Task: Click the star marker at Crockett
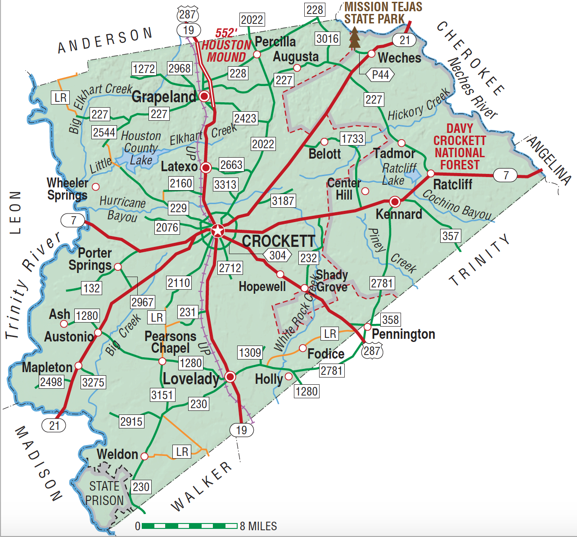point(217,231)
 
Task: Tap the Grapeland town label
point(164,96)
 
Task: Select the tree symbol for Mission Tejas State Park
point(355,38)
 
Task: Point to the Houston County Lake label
point(141,148)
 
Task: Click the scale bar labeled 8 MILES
point(189,526)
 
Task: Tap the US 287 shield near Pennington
point(372,350)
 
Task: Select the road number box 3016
point(327,39)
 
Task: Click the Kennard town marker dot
point(395,201)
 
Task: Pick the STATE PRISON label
point(104,493)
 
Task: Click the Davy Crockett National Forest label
point(460,147)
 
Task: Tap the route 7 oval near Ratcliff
point(505,175)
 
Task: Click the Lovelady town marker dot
point(230,377)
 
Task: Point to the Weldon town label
point(117,454)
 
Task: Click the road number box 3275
point(93,382)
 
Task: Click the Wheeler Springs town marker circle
point(95,186)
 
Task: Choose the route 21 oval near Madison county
point(54,425)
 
